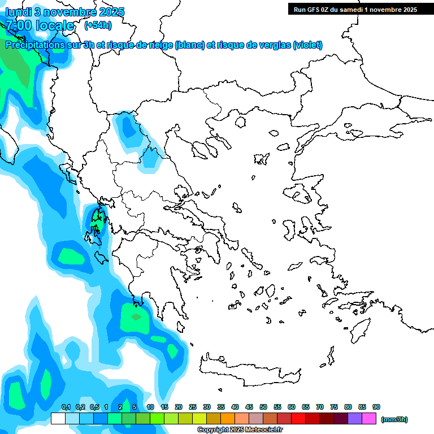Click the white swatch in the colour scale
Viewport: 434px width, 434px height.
(58, 418)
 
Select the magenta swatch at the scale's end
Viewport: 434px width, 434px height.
(370, 418)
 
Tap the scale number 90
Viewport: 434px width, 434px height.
(376, 407)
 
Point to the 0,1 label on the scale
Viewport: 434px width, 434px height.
(66, 407)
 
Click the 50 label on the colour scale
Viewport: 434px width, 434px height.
(263, 407)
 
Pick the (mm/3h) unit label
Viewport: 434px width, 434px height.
(394, 419)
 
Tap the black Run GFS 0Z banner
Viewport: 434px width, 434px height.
(355, 9)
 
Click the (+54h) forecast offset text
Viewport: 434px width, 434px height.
(98, 25)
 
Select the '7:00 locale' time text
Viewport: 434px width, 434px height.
(40, 25)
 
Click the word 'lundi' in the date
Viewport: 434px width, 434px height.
(19, 12)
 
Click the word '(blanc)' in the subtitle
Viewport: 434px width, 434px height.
(189, 45)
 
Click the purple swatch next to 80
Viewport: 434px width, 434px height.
(355, 418)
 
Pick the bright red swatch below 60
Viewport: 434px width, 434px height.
(299, 418)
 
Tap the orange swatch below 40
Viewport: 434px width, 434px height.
(228, 418)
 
